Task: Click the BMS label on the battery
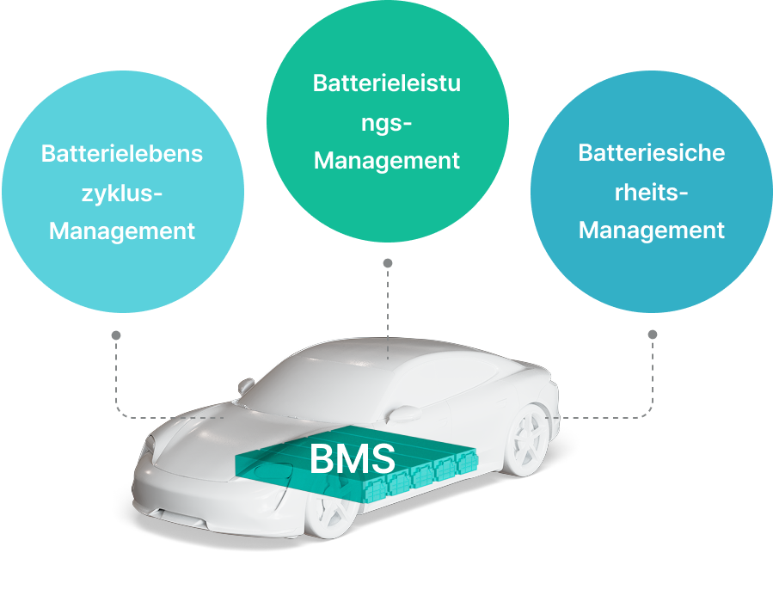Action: point(352,458)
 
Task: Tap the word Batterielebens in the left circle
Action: point(122,155)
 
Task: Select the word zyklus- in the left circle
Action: point(122,193)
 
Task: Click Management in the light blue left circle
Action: point(122,231)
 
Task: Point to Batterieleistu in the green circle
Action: point(387,83)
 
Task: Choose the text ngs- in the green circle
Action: point(387,122)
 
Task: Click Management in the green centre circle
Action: point(387,161)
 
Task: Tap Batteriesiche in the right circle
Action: point(652,153)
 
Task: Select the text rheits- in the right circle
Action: point(652,192)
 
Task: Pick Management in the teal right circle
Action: point(652,230)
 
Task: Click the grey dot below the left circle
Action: point(116,335)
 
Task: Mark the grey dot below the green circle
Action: point(388,262)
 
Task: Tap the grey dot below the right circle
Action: point(653,334)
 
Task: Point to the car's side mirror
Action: point(247,386)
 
